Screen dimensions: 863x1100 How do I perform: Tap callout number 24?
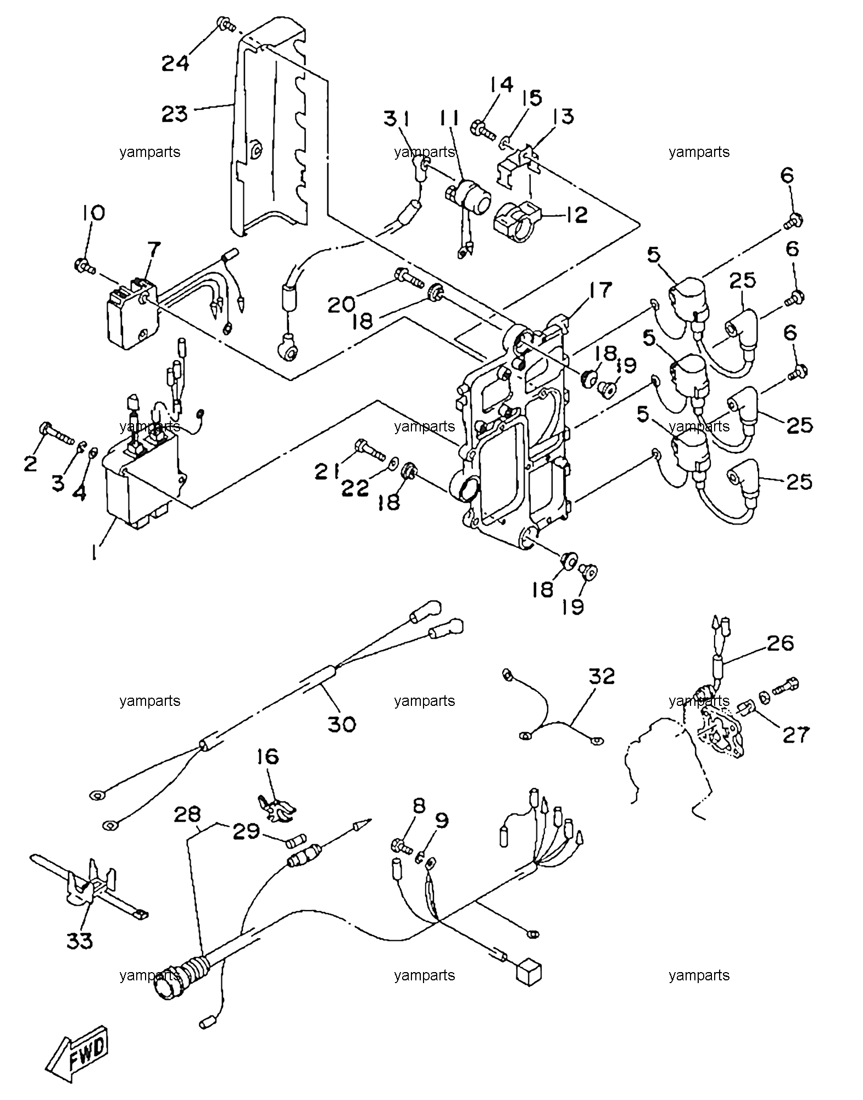pos(175,63)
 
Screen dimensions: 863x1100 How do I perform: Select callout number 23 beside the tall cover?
pos(175,114)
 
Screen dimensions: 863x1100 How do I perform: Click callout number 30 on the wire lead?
pos(342,724)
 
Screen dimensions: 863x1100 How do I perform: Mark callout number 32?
pos(602,676)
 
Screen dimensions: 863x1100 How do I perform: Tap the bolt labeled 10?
pos(85,266)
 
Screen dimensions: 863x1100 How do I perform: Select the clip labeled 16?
pos(275,810)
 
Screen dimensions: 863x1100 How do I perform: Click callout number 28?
pos(188,814)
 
